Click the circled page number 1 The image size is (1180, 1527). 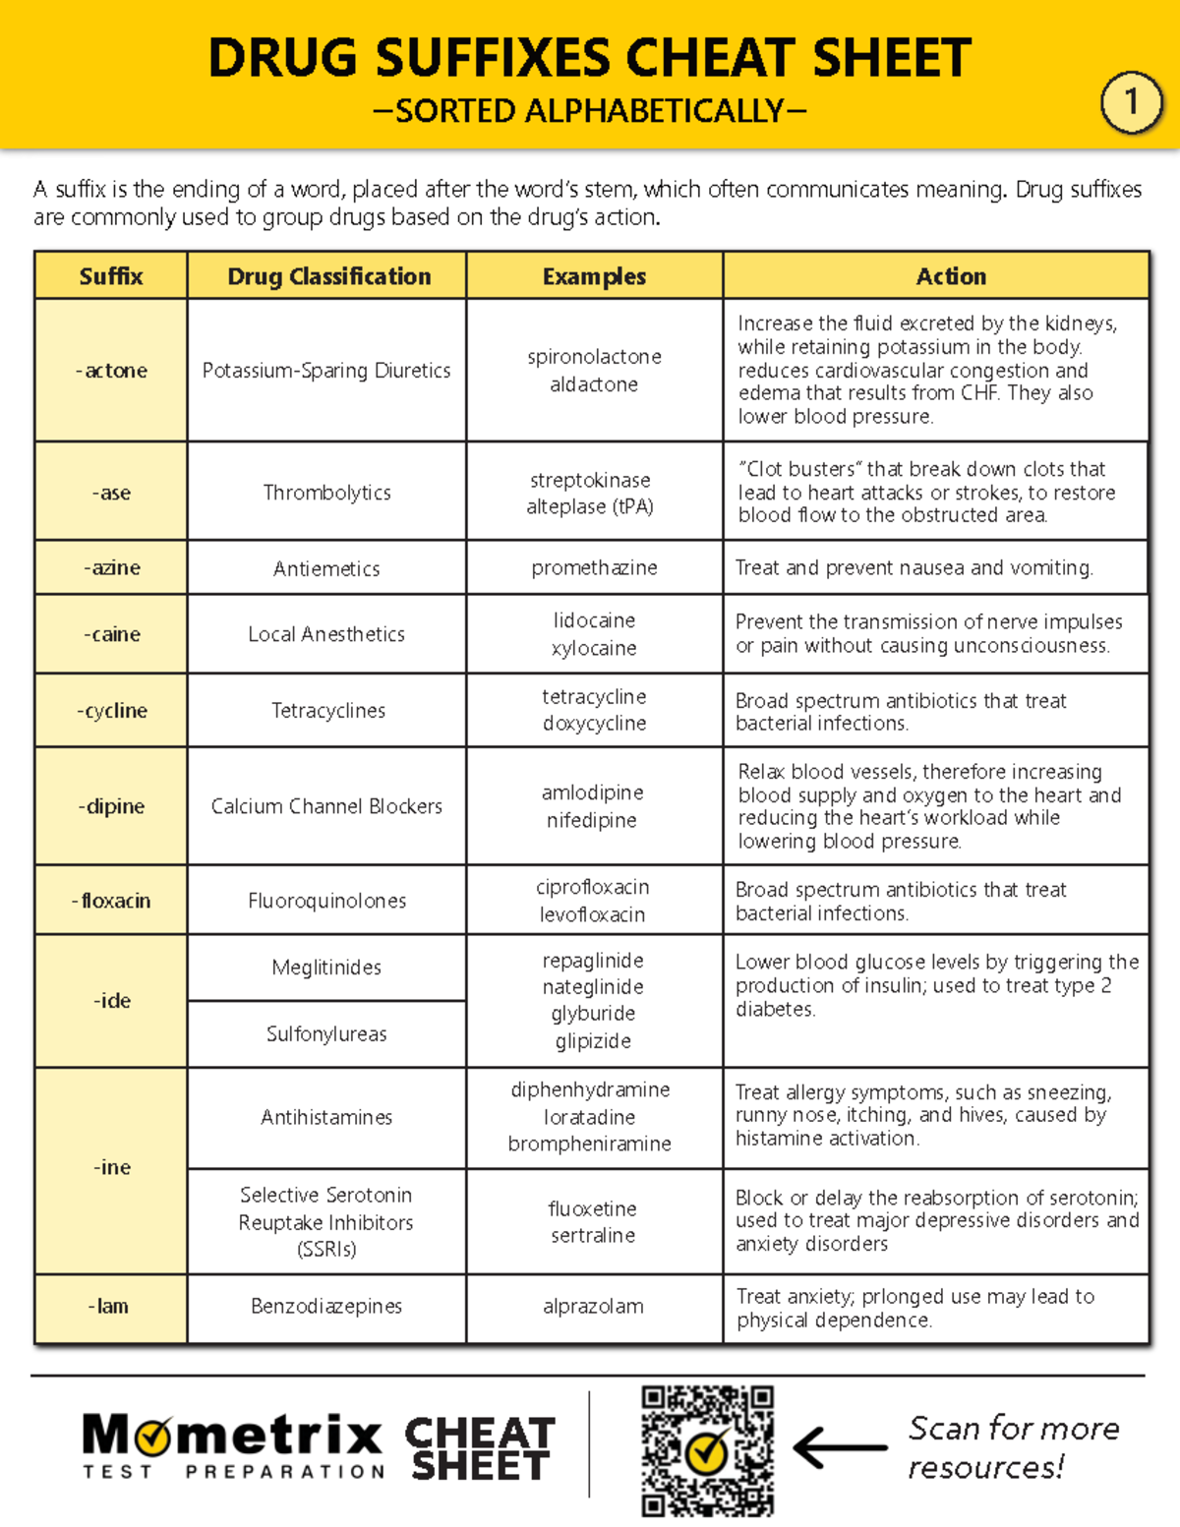pyautogui.click(x=1131, y=101)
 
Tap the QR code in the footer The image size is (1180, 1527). pyautogui.click(x=707, y=1450)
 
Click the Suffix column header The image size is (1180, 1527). pyautogui.click(x=111, y=276)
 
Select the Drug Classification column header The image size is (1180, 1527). pyautogui.click(x=328, y=276)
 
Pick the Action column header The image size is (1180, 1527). pyautogui.click(x=950, y=276)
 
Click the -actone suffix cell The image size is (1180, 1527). pyautogui.click(x=111, y=371)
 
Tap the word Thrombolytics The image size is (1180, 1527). pyautogui.click(x=326, y=493)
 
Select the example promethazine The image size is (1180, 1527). pyautogui.click(x=594, y=568)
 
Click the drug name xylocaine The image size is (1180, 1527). pyautogui.click(x=594, y=648)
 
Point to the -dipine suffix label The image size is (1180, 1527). pyautogui.click(x=111, y=806)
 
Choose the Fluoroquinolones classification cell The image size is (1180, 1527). pyautogui.click(x=326, y=901)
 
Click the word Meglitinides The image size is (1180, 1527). pyautogui.click(x=326, y=968)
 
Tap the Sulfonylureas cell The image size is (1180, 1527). pyautogui.click(x=326, y=1034)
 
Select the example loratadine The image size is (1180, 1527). pyautogui.click(x=590, y=1117)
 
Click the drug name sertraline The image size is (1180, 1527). pyautogui.click(x=593, y=1235)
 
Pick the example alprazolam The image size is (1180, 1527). pyautogui.click(x=593, y=1306)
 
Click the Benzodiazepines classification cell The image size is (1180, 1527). pyautogui.click(x=326, y=1306)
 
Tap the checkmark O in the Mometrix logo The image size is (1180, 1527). pyautogui.click(x=153, y=1439)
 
